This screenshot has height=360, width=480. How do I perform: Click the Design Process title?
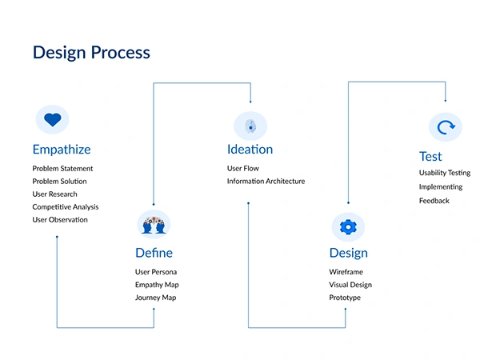tap(90, 53)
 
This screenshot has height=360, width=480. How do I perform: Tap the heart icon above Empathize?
tap(52, 120)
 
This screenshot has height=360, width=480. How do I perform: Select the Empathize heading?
tap(61, 150)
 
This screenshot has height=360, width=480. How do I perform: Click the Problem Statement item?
tap(62, 169)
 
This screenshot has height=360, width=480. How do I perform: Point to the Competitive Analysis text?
tap(66, 207)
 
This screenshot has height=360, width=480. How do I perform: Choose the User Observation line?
tap(60, 220)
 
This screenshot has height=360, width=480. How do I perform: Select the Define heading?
tap(154, 254)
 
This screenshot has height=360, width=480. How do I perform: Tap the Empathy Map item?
tap(157, 285)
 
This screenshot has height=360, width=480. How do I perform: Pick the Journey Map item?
tap(155, 298)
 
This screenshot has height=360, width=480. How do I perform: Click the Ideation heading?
tap(250, 150)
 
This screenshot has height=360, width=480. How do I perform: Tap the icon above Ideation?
tap(250, 126)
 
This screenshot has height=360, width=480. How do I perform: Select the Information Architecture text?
tap(266, 182)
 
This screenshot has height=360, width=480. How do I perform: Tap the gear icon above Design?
tap(347, 226)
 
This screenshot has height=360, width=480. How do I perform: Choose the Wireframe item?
tap(346, 272)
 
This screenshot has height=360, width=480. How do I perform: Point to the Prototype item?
tap(345, 298)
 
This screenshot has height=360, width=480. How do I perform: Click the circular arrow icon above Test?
tap(445, 127)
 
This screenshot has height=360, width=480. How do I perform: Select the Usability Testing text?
tap(444, 173)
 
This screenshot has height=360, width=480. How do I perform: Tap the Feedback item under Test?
tap(434, 201)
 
